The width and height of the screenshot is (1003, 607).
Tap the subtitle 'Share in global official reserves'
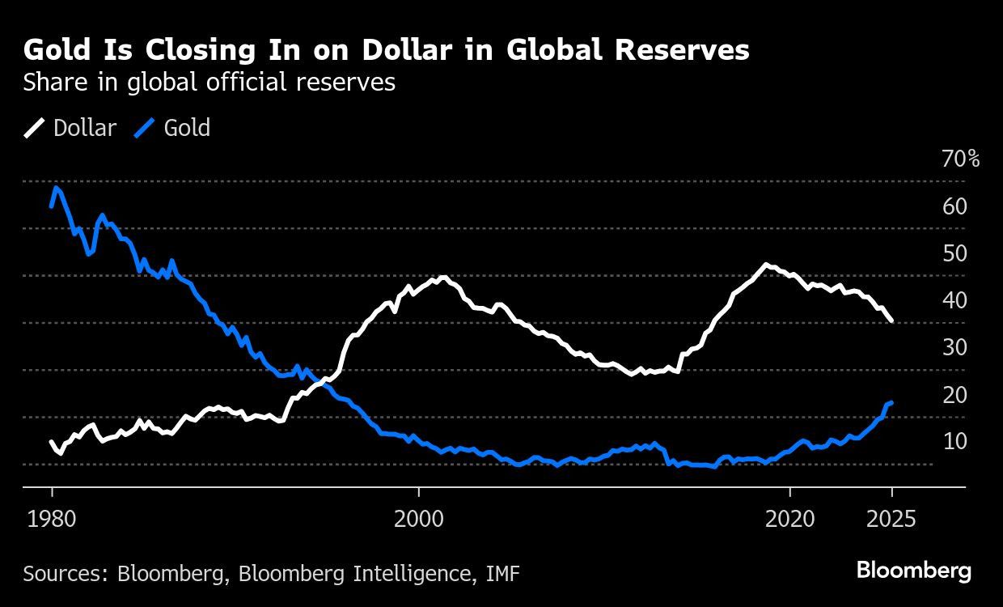(x=209, y=82)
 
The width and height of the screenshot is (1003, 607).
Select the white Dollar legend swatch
(x=35, y=128)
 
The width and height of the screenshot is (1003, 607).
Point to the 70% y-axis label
(x=961, y=159)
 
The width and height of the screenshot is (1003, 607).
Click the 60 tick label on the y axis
(x=954, y=206)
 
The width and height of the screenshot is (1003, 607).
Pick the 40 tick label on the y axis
(x=954, y=300)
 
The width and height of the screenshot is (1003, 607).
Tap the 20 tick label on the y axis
(x=954, y=394)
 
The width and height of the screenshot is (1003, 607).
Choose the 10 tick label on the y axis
(x=954, y=441)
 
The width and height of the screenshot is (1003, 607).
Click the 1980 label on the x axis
(x=52, y=518)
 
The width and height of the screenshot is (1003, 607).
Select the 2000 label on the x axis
(x=418, y=518)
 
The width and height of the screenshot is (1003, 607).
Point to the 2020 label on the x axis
(x=789, y=518)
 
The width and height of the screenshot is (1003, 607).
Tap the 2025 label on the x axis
(x=891, y=518)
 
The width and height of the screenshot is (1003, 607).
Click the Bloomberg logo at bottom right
(x=913, y=571)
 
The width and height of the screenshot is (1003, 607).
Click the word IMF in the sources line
(x=502, y=574)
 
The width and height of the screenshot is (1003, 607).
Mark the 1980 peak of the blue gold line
(x=56, y=188)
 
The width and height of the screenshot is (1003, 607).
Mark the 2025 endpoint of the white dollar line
(x=891, y=321)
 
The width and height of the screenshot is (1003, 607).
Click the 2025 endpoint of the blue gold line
(x=891, y=402)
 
